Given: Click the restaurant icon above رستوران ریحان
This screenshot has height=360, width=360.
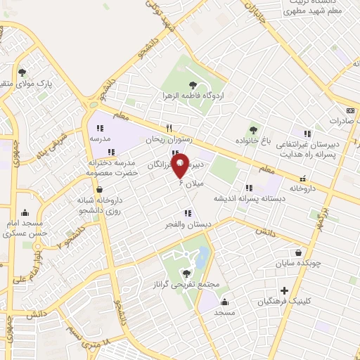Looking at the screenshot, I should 168,129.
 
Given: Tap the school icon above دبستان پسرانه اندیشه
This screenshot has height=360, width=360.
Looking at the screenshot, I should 249,188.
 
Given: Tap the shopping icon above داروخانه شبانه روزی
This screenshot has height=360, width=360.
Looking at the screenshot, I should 98,189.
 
